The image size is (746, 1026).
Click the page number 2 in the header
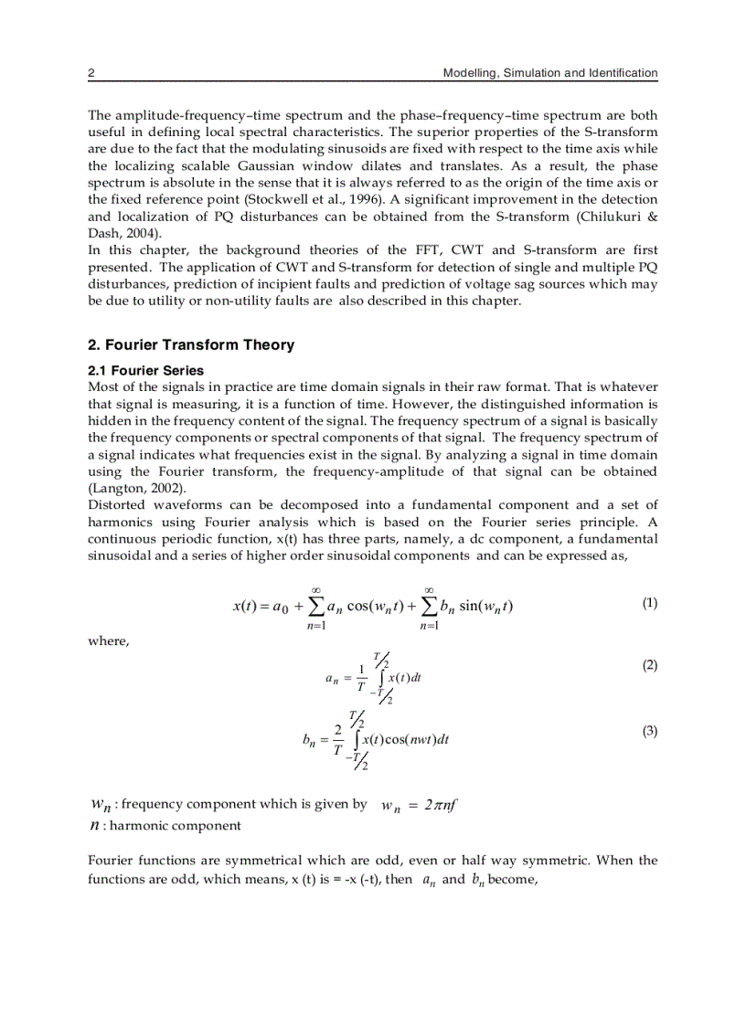91,73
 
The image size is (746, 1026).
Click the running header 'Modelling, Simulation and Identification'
549,73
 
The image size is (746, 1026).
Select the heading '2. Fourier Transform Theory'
191,344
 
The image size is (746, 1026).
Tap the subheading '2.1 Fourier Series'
145,370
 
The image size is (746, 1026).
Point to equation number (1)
649,603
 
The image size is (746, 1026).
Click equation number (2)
649,666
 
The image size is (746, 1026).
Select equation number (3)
649,731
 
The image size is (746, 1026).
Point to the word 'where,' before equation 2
109,641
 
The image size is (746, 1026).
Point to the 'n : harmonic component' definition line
165,825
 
